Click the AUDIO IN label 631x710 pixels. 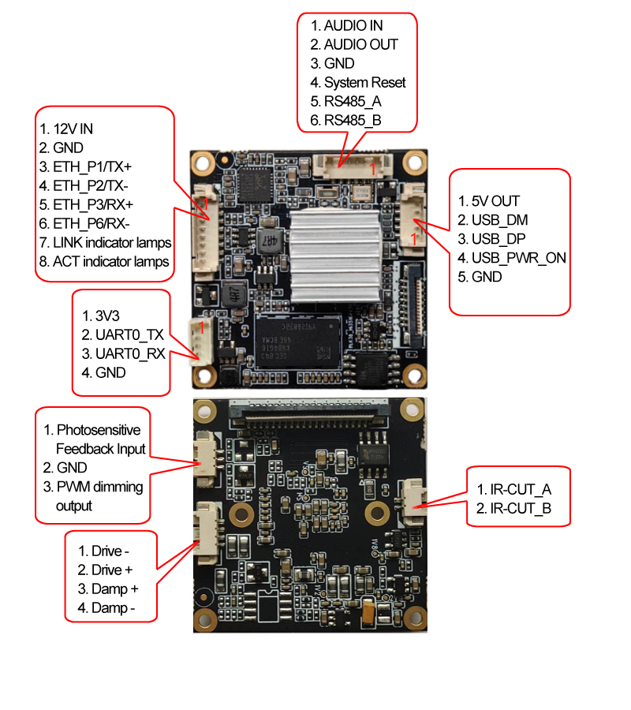click(353, 26)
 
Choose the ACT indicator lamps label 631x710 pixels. click(110, 261)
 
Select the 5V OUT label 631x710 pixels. click(496, 201)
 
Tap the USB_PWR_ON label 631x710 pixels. click(518, 258)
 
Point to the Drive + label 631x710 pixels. click(112, 570)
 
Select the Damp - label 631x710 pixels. click(113, 607)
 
